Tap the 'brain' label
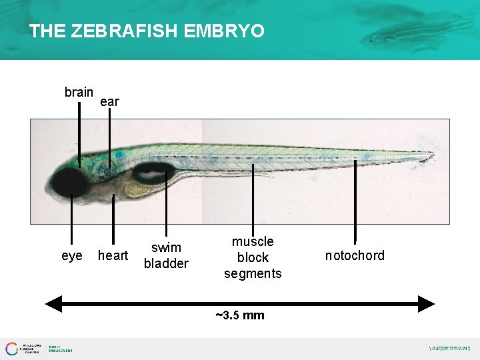79,92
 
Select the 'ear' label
109,102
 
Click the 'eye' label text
72,256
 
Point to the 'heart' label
113,256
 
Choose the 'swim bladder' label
166,256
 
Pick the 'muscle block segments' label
253,257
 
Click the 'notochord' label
355,256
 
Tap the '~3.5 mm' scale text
240,315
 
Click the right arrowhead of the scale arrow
427,304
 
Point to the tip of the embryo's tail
432,157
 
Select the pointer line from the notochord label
355,200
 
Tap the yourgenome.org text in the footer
449,348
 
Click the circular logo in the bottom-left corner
11,348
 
